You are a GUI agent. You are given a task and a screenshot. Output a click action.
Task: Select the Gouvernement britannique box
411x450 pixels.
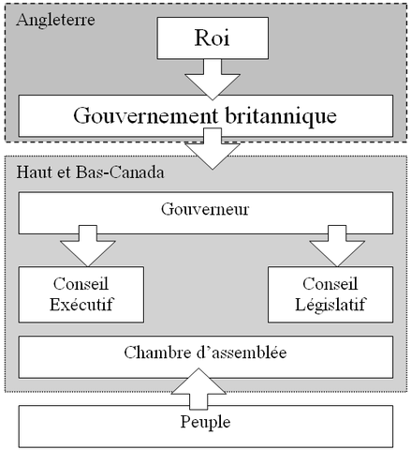205,116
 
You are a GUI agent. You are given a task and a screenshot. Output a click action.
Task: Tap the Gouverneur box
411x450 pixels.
205,211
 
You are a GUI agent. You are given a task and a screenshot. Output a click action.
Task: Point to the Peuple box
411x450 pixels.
205,423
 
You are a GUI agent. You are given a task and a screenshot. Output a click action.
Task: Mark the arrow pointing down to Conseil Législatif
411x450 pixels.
330,247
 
